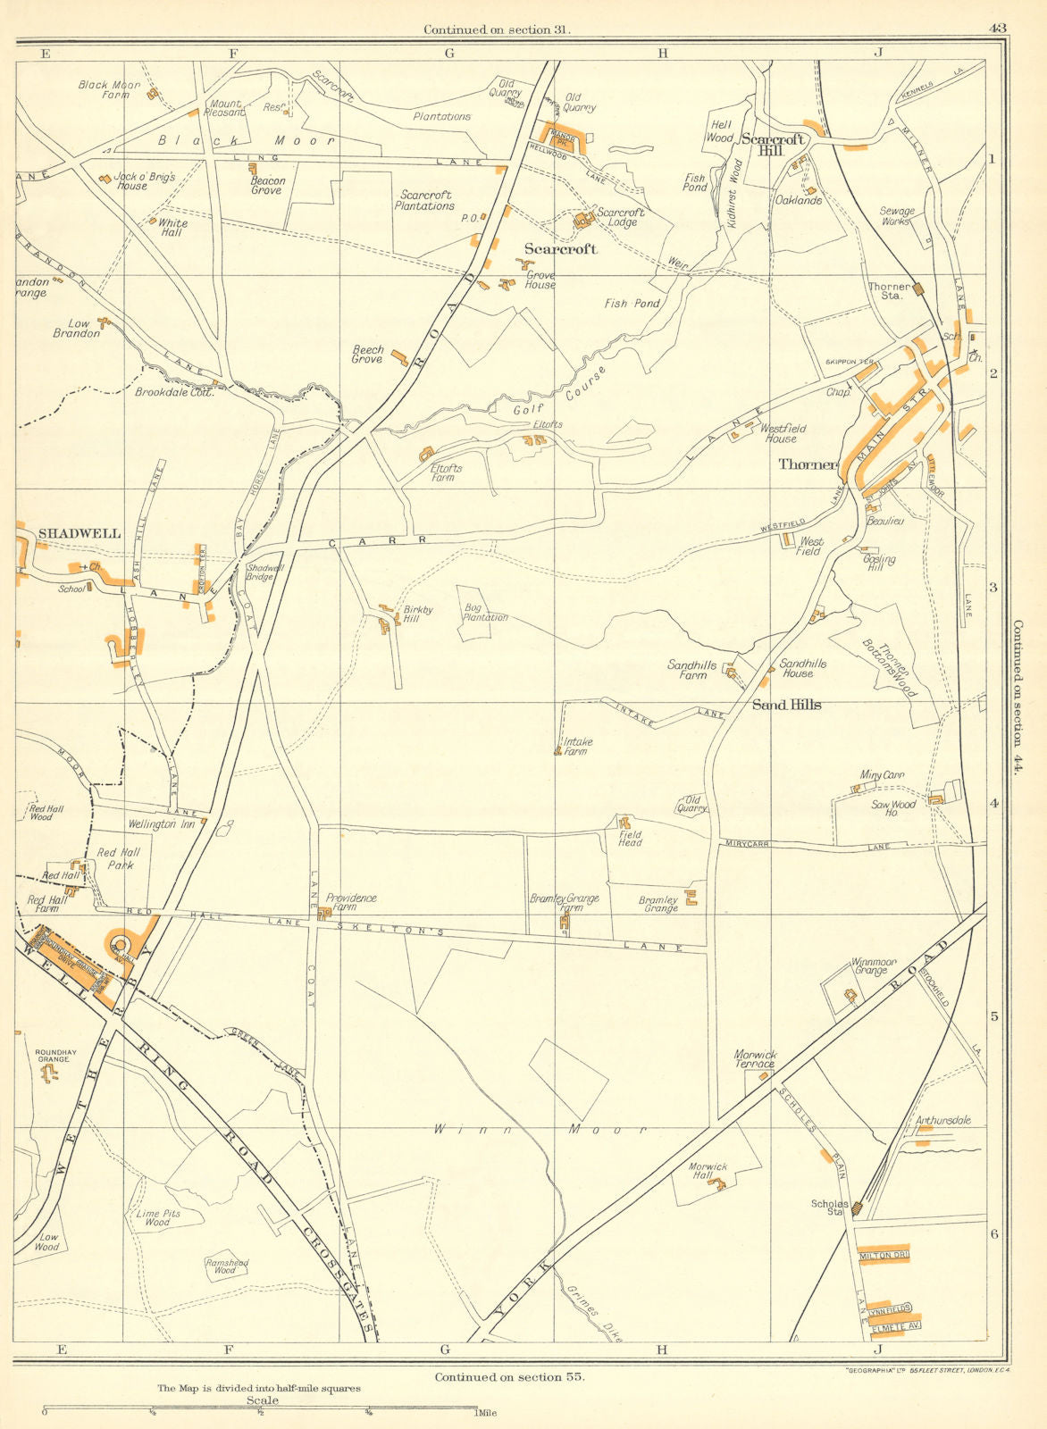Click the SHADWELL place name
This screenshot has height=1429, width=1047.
coord(80,533)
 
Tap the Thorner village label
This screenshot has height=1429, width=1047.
coord(808,464)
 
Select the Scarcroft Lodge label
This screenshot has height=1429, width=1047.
coord(621,217)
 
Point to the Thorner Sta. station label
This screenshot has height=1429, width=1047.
coord(889,291)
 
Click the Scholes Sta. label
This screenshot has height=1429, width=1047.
coord(829,1208)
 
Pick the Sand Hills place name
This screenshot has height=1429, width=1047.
coord(786,705)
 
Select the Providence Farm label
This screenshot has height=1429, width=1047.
coord(351,903)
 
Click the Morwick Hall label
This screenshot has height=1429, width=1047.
coord(708,1172)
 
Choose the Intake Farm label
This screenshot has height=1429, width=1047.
coord(577,747)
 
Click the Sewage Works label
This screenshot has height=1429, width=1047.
coord(898,216)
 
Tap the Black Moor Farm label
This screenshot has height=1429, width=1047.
coord(109,89)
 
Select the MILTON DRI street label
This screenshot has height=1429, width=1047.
coord(883,1257)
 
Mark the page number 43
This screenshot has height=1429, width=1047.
coord(997,29)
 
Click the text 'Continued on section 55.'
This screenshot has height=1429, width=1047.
coord(509,1377)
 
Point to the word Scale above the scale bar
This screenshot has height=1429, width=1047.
coord(263,1400)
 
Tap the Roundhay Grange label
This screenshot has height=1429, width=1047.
coord(52,1057)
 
